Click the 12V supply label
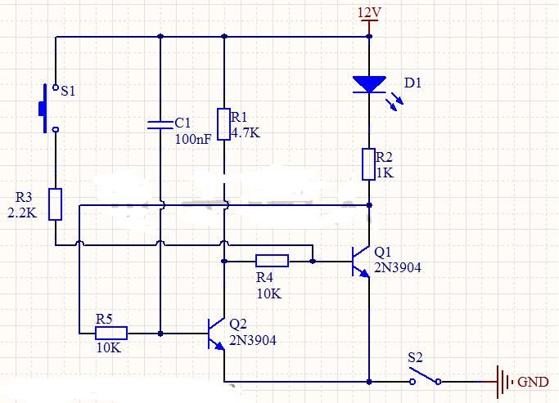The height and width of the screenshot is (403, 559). coord(369,13)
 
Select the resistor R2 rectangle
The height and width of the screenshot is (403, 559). coord(368,164)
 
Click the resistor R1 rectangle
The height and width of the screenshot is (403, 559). coord(224,124)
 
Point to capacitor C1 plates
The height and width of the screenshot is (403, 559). coord(160,124)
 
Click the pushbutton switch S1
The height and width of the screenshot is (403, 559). coord(49,108)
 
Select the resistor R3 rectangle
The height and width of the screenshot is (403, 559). coord(56,204)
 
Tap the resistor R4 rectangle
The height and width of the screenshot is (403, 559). coord(272,261)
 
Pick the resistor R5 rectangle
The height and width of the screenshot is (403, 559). coord(111,334)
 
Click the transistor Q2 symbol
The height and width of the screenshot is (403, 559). coord(216,334)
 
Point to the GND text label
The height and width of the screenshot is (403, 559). coord(533,382)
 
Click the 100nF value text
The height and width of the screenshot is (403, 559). coord(193,139)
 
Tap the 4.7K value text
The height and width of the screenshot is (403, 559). coord(246,132)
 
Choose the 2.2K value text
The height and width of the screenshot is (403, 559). coord(22,213)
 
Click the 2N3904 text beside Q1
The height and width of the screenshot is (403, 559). coord(398,267)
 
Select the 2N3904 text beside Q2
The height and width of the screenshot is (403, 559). coord(253,340)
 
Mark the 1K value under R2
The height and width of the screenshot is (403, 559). coord(385,172)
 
